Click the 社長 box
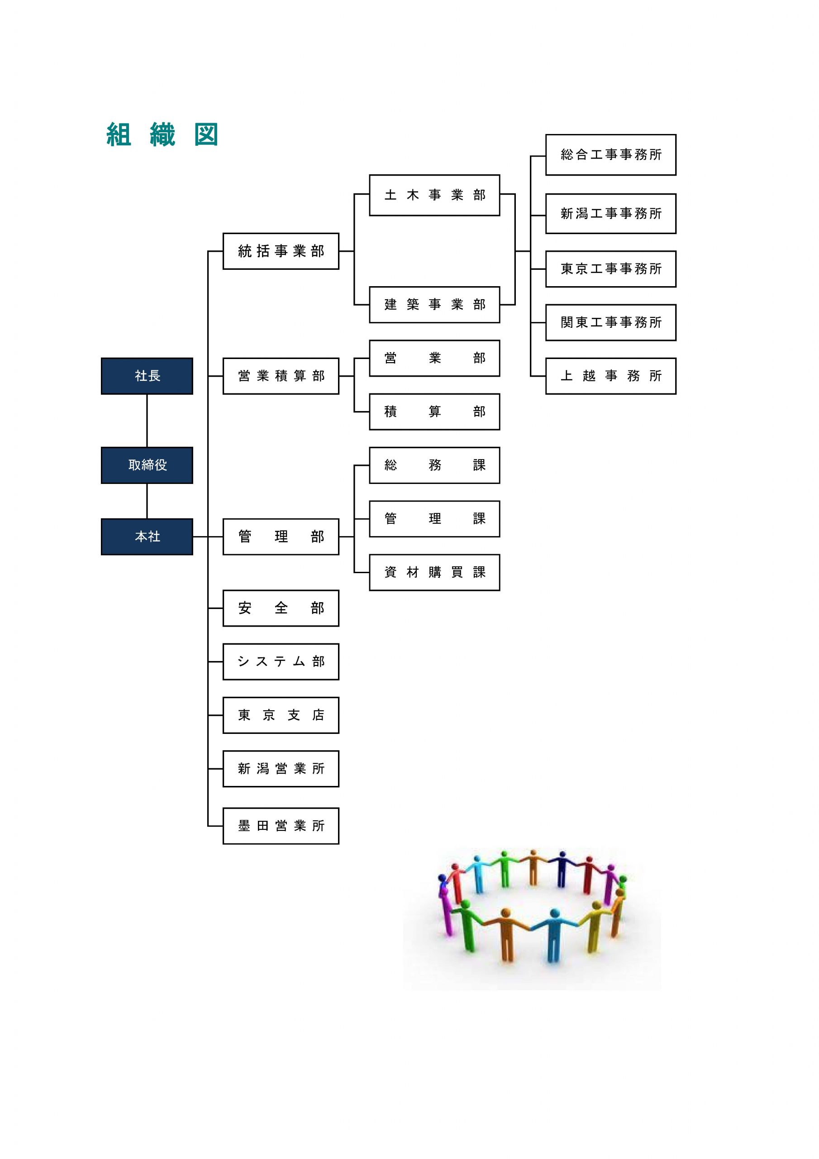tap(147, 376)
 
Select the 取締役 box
tap(147, 465)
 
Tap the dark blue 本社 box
tap(147, 536)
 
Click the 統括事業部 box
tap(281, 251)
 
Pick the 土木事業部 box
tap(434, 195)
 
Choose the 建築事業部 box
tap(434, 305)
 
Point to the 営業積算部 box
tap(281, 376)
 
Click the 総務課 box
tap(434, 465)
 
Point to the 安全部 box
tap(281, 608)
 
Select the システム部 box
tap(281, 662)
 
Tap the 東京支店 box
tap(281, 715)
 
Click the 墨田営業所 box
tap(281, 826)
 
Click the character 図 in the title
tap(206, 135)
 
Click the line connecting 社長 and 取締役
tap(147, 421)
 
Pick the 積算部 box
tap(434, 412)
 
